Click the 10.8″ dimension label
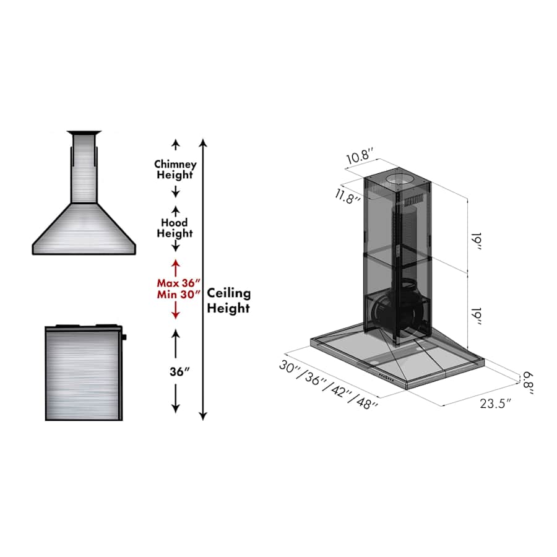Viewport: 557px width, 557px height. (360, 157)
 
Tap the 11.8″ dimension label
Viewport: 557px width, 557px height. (347, 196)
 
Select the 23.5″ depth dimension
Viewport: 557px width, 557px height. (496, 404)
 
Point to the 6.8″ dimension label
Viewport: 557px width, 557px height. (529, 383)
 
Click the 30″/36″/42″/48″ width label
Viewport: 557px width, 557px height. (328, 385)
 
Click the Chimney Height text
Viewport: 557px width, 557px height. (175, 170)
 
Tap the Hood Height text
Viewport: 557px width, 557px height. (175, 228)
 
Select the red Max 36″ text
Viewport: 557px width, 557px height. (179, 283)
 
